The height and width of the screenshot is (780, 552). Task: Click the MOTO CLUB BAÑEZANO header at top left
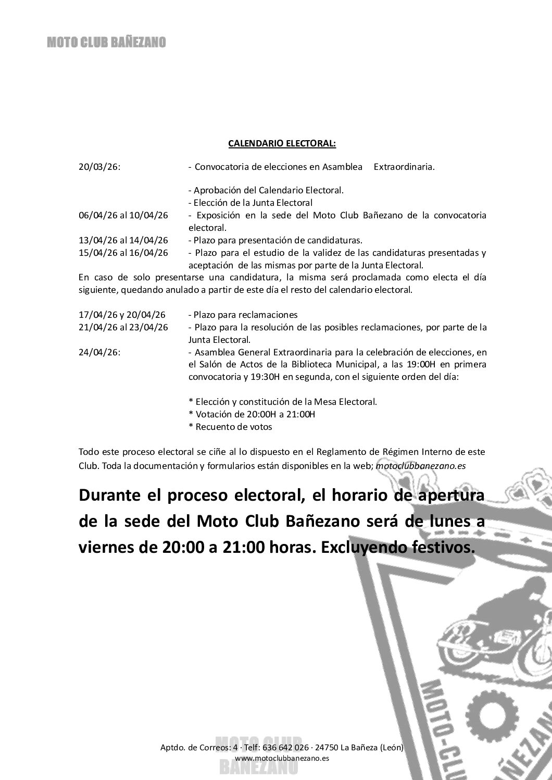click(x=106, y=43)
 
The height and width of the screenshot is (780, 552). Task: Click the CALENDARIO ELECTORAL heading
click(x=282, y=142)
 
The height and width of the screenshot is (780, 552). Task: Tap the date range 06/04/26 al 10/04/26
click(x=123, y=215)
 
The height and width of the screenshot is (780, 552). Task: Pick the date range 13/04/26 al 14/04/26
click(x=123, y=240)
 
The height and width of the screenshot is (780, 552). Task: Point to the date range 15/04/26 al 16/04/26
click(x=123, y=253)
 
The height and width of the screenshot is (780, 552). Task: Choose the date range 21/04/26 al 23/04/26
click(x=123, y=327)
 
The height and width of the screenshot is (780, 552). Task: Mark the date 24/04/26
click(x=99, y=352)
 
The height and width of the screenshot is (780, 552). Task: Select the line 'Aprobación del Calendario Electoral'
click(x=266, y=190)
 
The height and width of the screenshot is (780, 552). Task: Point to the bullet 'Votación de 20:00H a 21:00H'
click(x=252, y=414)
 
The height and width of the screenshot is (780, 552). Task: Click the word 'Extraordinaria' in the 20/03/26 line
click(x=404, y=167)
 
